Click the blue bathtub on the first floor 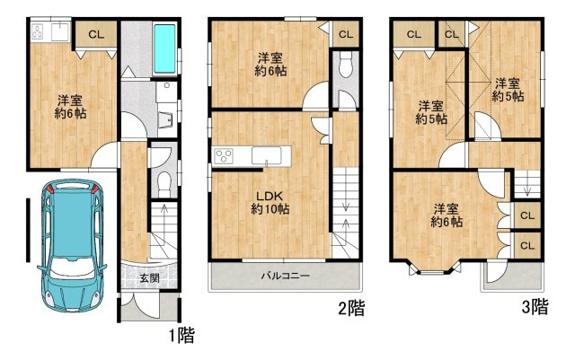164,48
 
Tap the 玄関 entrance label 149,278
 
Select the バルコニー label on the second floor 286,276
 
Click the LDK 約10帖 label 270,202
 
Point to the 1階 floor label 181,335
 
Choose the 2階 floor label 351,308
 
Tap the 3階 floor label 535,307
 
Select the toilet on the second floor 345,65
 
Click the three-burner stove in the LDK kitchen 224,155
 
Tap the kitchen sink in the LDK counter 266,155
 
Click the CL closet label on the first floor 96,35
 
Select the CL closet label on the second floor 345,34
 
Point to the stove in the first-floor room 38,31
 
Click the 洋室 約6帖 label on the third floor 447,215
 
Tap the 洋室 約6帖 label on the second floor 270,65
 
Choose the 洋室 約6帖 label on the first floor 70,107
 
